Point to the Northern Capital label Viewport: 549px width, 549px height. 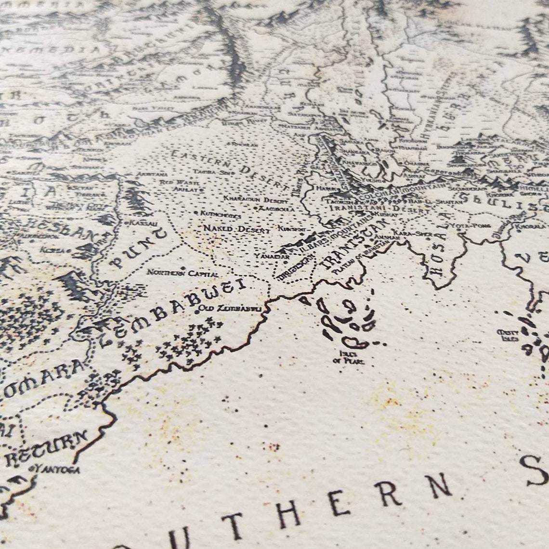183,273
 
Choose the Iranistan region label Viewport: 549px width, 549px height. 353,245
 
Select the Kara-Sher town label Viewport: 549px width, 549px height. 405,233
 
